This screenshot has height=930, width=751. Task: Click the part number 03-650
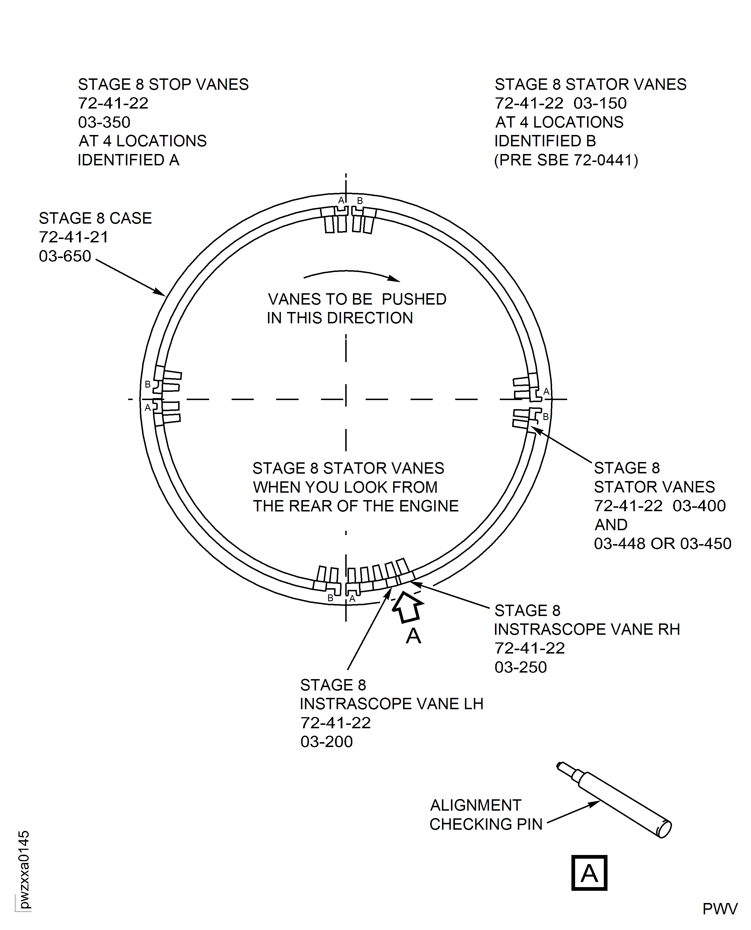click(65, 256)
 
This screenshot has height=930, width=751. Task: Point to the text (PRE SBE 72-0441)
click(566, 160)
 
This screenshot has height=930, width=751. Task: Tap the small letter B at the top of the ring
click(359, 201)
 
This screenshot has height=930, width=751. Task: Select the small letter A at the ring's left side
click(147, 407)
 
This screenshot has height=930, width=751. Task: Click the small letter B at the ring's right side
click(546, 417)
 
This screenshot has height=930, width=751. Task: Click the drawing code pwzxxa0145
click(24, 869)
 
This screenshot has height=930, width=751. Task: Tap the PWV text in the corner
click(720, 909)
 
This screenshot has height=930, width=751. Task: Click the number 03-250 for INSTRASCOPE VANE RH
click(521, 667)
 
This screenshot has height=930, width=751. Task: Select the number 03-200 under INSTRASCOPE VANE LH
click(326, 741)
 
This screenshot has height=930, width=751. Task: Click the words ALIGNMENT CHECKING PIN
click(485, 815)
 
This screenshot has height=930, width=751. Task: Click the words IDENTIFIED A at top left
click(128, 160)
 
